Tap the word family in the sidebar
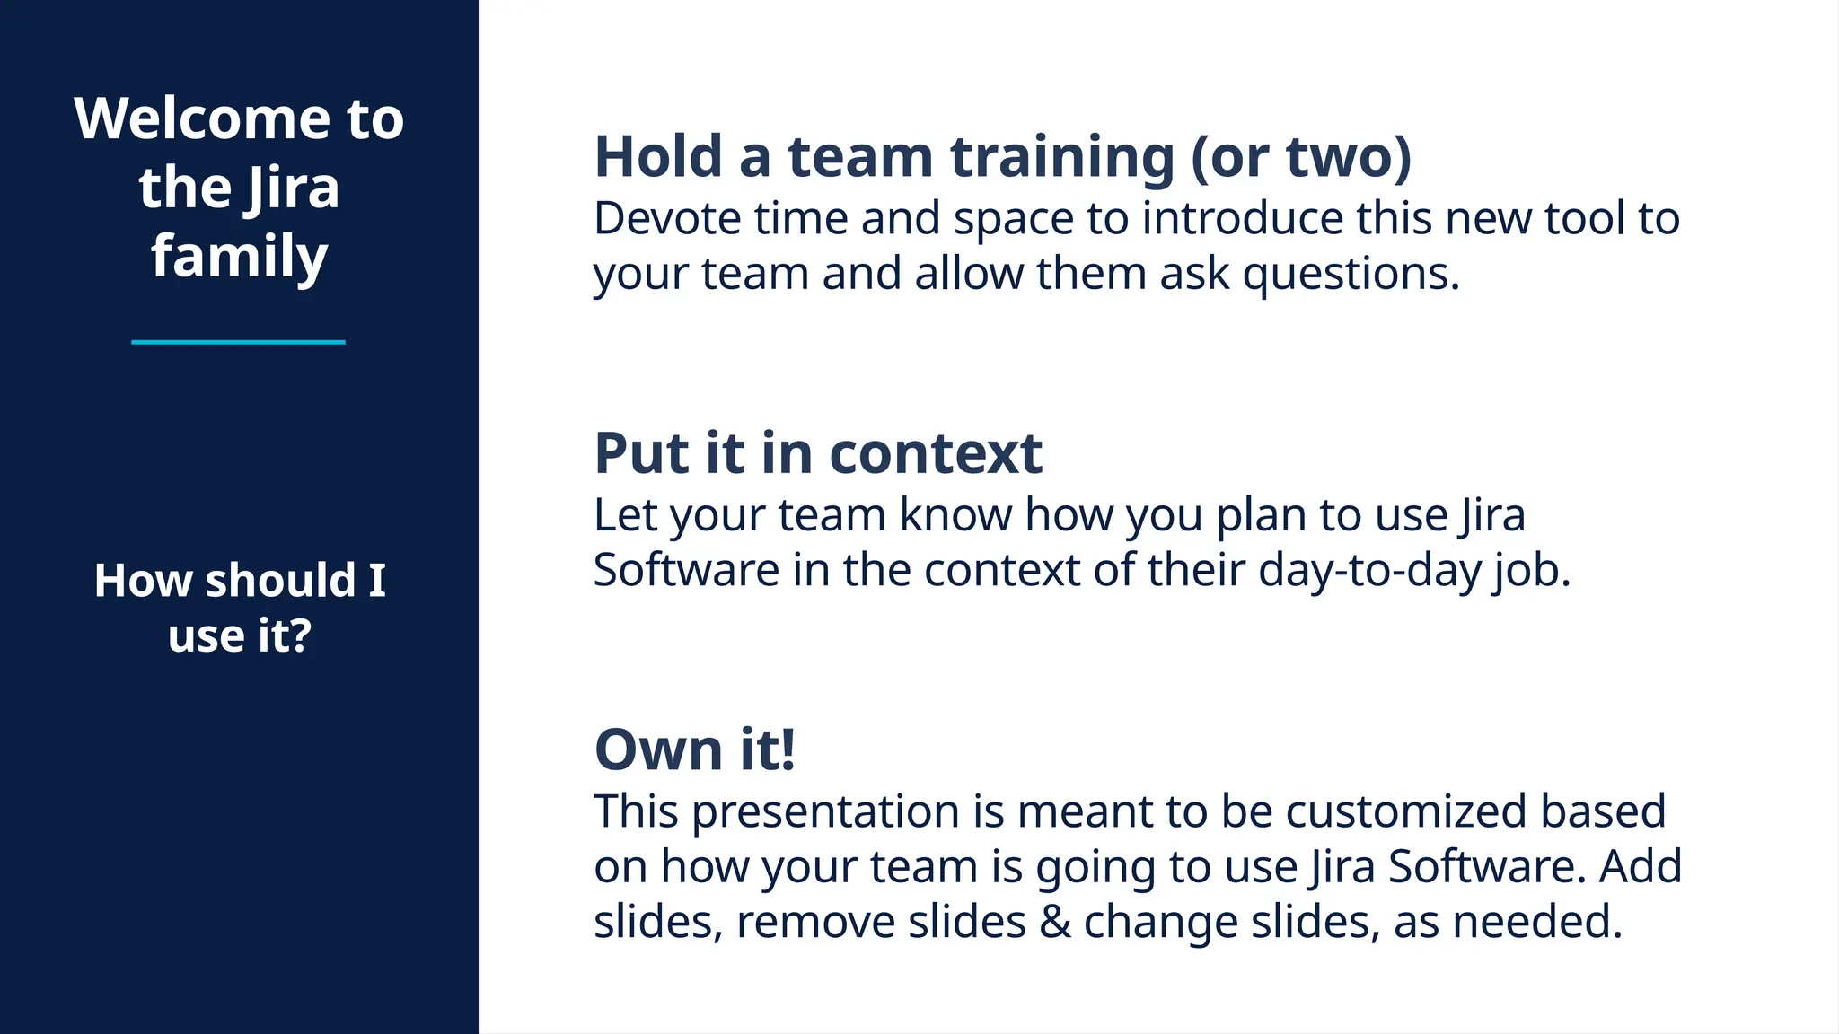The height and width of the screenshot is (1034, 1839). click(239, 258)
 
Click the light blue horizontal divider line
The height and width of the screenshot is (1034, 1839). click(238, 342)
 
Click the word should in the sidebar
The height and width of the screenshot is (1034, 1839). click(280, 581)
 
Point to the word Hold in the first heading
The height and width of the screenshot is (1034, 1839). click(658, 157)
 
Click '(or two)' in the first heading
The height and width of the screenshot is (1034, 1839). click(1301, 157)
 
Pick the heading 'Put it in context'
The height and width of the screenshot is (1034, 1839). click(818, 453)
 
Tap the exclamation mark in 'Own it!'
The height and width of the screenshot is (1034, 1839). click(788, 749)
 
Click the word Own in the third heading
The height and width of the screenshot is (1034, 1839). click(658, 749)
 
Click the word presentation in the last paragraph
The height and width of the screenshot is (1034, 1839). click(825, 811)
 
